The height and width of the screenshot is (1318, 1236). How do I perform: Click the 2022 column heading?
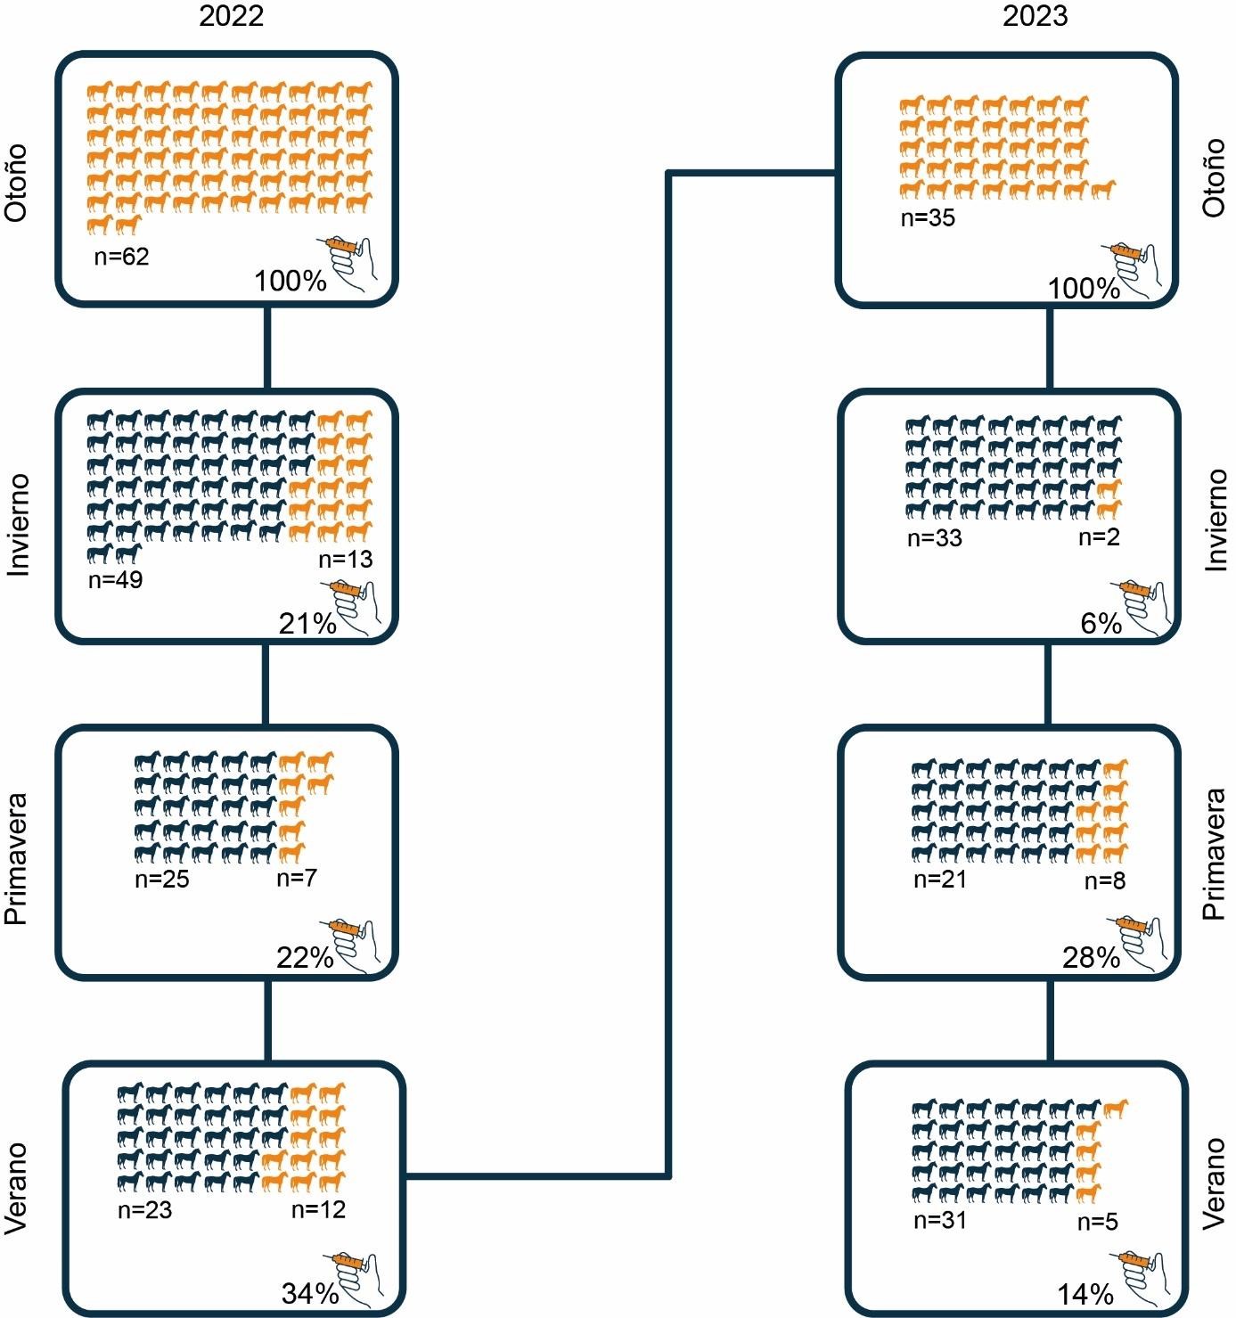point(231,17)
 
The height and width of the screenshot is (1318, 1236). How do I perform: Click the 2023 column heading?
point(1035,17)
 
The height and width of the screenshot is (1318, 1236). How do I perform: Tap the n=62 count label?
point(122,258)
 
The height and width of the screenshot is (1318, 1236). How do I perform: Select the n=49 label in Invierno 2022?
point(116,579)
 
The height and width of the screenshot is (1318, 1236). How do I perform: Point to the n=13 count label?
point(345,559)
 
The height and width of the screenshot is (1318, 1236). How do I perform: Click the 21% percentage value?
point(307,624)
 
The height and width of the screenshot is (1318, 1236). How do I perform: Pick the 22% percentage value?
point(304,958)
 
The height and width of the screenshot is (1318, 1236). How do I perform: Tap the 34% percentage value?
point(309,1292)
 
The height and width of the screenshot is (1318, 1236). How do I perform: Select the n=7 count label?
point(297,878)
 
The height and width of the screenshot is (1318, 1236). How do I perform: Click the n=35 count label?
point(928,218)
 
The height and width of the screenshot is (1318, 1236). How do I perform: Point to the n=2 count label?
point(1099,537)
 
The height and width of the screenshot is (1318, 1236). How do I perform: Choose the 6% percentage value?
point(1101,624)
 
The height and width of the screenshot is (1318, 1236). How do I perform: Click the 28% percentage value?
point(1090,958)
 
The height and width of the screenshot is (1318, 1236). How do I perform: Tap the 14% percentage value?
point(1085,1293)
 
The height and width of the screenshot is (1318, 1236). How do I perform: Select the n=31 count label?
point(941,1221)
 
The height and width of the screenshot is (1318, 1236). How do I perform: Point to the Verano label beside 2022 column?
point(17,1188)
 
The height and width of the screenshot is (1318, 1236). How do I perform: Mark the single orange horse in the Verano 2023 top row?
point(1115,1109)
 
